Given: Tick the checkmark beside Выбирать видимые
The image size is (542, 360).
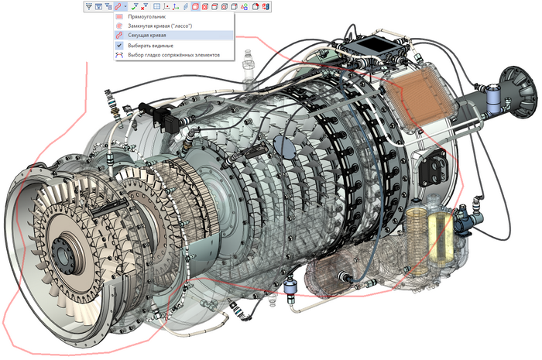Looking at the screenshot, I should point(120,46).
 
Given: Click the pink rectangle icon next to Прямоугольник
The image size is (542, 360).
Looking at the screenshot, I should point(120,16).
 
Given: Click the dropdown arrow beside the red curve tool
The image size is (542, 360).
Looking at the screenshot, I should point(125,6).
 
